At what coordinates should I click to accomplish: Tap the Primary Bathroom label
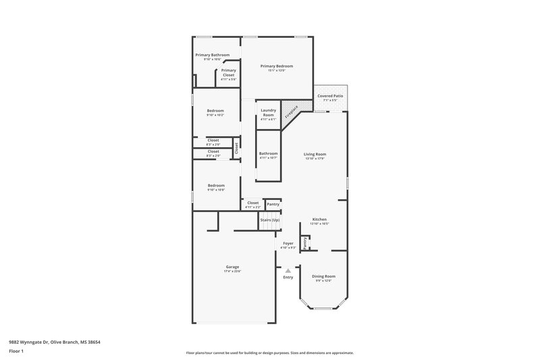point(212,55)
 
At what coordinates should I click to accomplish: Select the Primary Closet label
point(228,70)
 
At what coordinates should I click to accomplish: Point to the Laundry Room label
point(268,113)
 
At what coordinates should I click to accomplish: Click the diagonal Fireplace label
point(291,111)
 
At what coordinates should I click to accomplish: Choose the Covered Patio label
point(330,96)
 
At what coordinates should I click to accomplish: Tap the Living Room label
point(315,154)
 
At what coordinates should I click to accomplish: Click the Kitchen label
point(319,219)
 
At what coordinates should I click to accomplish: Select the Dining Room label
point(323,276)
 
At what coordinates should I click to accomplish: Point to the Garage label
point(232,266)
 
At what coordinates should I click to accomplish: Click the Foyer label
point(288,243)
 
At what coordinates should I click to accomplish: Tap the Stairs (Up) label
point(270,220)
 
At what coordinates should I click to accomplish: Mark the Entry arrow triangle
point(288,270)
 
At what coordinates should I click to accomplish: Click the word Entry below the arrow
point(288,277)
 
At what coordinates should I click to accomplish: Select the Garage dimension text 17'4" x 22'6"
point(232,271)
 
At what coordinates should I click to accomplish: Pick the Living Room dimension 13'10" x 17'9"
point(315,159)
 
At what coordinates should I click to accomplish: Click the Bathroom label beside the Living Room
point(268,153)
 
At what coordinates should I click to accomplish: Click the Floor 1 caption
point(16,352)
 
